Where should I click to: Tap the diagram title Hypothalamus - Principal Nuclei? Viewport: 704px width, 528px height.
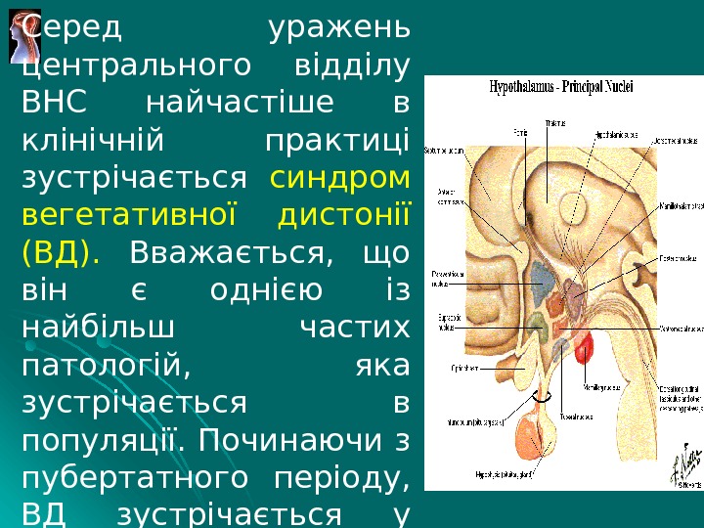pos(560,86)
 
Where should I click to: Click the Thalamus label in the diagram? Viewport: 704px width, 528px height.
pos(555,123)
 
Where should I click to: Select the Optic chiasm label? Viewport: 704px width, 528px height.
pos(451,369)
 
